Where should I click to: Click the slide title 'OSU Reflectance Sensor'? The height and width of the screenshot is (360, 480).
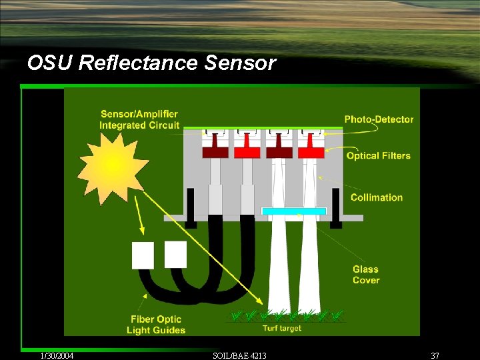pos(151,63)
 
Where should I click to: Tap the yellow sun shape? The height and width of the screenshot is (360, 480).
pos(113,163)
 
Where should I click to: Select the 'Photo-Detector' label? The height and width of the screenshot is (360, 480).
pos(379,119)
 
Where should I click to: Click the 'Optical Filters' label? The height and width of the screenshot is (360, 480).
pos(378,155)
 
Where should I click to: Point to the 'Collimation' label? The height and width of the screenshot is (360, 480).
pos(377,197)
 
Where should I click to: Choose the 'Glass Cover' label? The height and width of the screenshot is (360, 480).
pos(366,275)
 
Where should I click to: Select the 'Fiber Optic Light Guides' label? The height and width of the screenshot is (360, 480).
pos(156,325)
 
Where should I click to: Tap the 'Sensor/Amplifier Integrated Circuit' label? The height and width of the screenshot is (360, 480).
pos(139,119)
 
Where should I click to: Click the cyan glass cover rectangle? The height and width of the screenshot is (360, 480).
pos(294,211)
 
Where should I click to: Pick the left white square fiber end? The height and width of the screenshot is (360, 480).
pos(143,255)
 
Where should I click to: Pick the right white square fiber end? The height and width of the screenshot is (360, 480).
pos(175,254)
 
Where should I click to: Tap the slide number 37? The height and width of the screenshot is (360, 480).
pos(435,355)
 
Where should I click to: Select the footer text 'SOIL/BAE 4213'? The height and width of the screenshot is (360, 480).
pos(239,355)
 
